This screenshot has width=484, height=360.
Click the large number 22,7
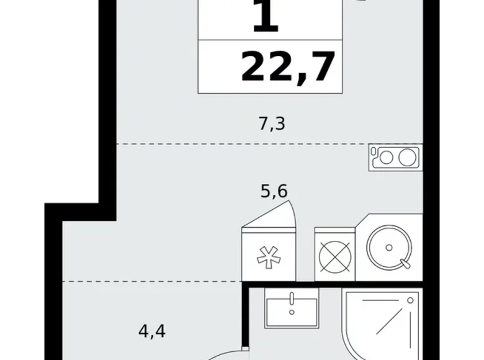[x=288, y=66]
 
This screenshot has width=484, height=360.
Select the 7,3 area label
[x=272, y=124]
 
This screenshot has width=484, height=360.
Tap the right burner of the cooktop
[x=406, y=158]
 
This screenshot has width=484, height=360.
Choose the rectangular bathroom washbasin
[x=291, y=308]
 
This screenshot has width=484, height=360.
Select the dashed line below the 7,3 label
[x=242, y=144]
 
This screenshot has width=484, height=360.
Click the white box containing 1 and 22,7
[x=271, y=47]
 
